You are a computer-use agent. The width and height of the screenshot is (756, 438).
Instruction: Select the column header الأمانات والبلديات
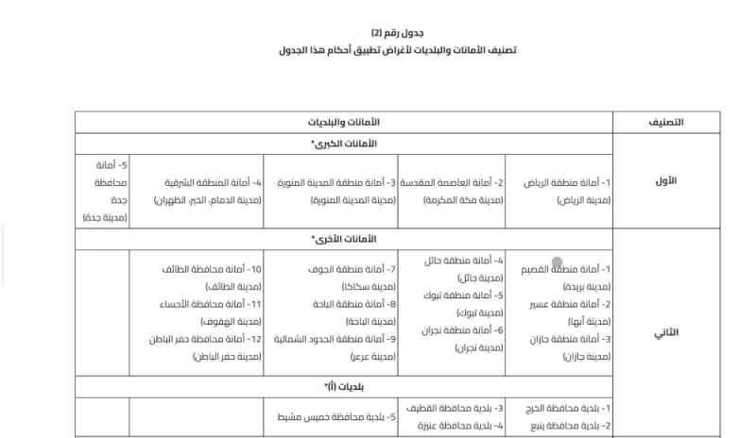pos(344,123)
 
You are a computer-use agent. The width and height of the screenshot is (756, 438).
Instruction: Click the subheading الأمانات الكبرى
pos(344,143)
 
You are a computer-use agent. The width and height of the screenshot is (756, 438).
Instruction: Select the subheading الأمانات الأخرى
pos(344,240)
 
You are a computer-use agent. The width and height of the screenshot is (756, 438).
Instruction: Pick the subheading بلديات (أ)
pos(344,387)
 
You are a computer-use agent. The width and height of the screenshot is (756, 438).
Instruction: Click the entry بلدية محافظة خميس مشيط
pos(331,417)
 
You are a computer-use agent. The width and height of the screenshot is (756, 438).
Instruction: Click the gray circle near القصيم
pos(558,262)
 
